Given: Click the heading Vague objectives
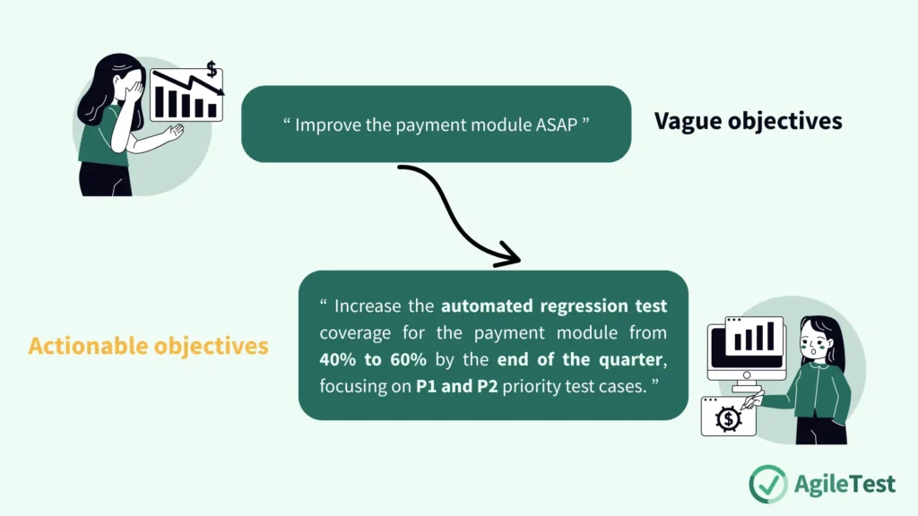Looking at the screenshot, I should pos(748,121).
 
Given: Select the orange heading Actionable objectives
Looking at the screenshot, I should pos(148,346).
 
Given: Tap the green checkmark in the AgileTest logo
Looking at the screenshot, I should pos(767,483).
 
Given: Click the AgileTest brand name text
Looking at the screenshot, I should pos(844,484).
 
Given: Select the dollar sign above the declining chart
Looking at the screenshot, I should pos(212,69).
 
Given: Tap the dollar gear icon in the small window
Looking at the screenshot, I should pos(728,417).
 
